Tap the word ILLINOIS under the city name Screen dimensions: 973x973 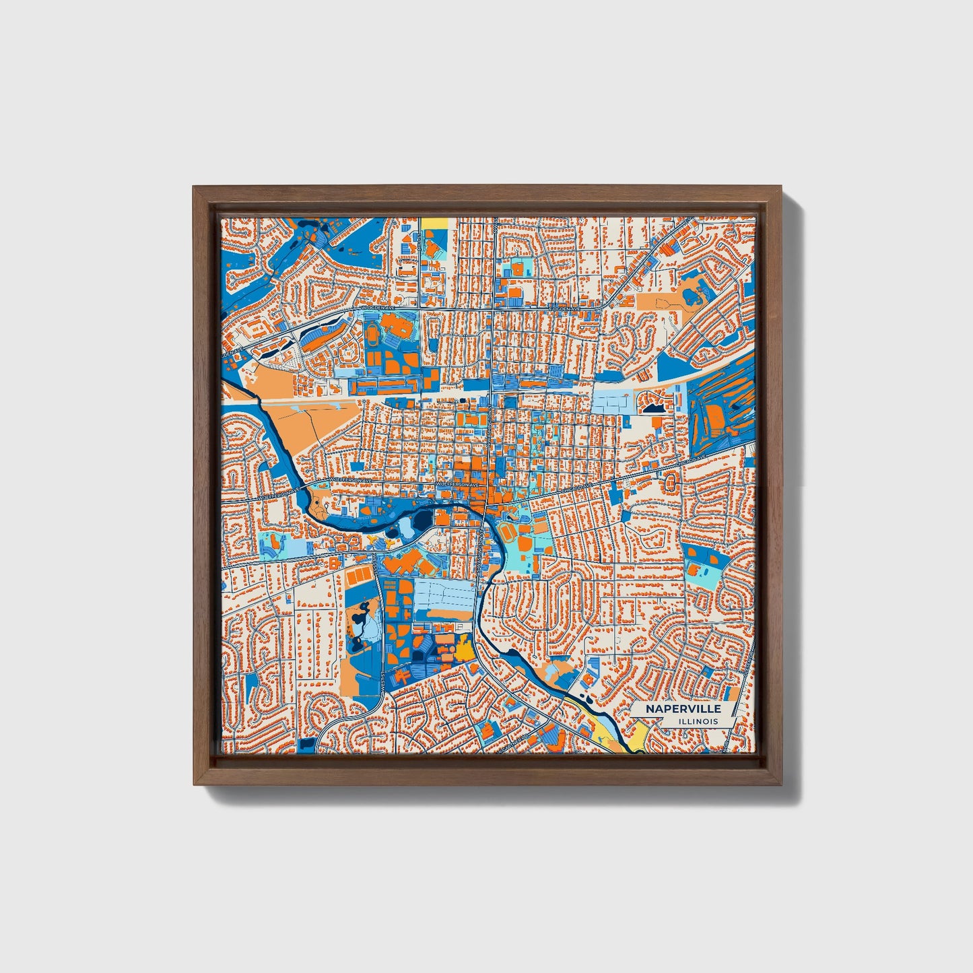pos(698,721)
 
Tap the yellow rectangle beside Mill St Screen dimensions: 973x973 pos(433,223)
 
